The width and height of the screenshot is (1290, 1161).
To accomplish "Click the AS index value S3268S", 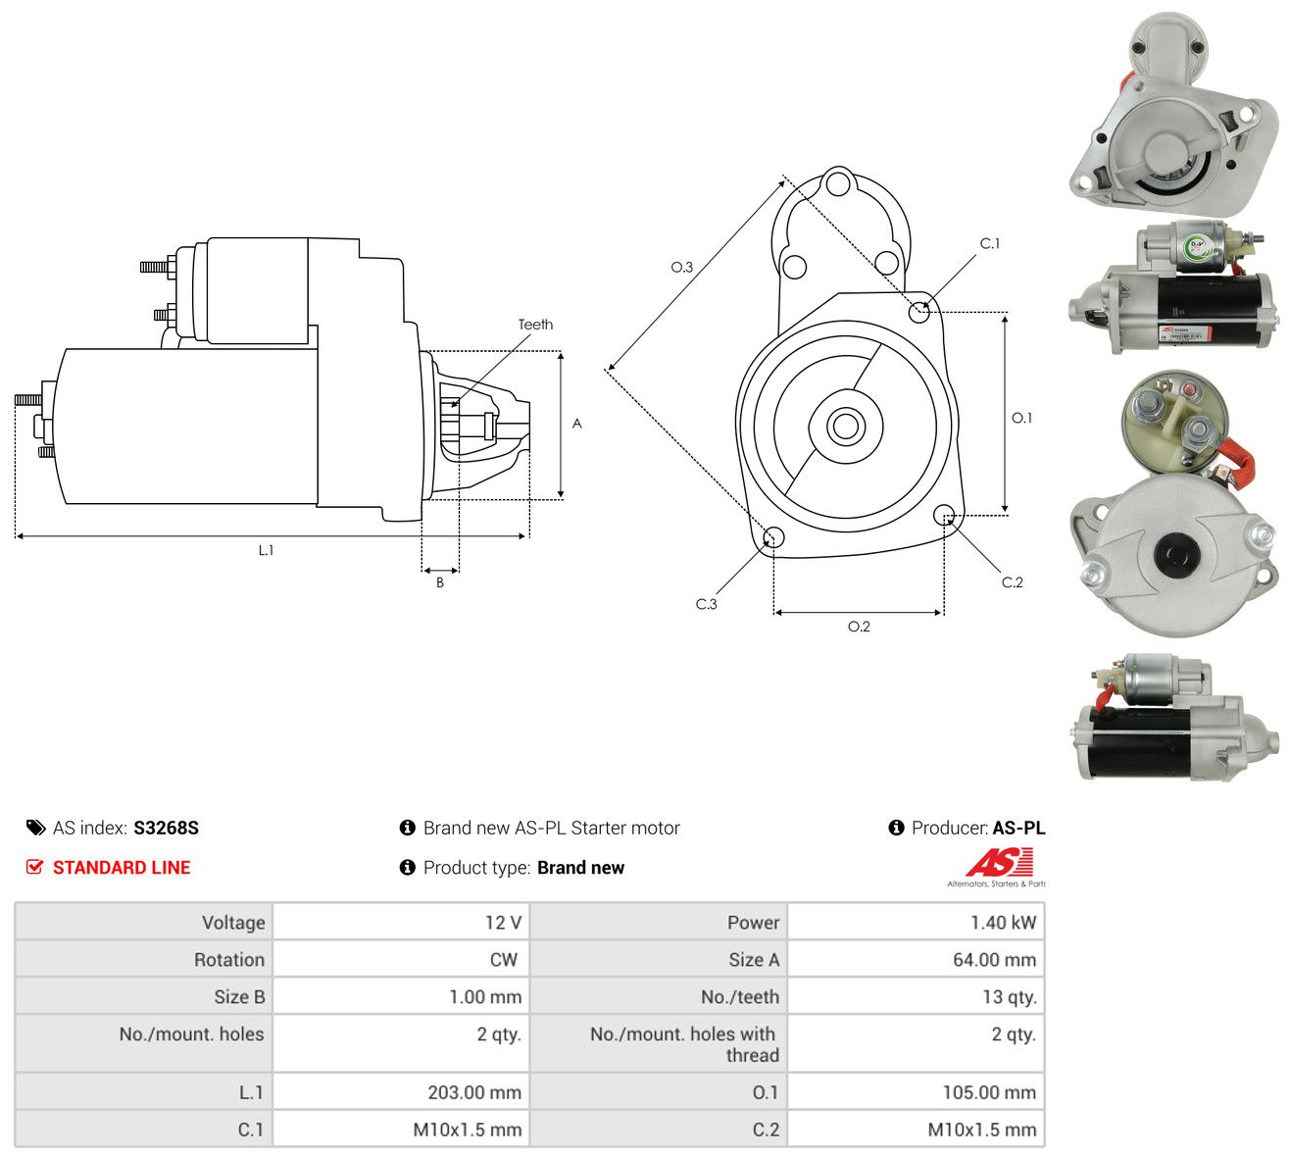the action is [166, 828].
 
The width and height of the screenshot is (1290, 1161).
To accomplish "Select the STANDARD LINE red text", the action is [122, 868].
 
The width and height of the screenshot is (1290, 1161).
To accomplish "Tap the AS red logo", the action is [999, 863].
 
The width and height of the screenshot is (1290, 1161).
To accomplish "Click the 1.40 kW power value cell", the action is [916, 923].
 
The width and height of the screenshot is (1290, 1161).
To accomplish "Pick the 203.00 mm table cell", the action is [401, 1092].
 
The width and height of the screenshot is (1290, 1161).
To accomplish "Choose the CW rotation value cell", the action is [401, 960].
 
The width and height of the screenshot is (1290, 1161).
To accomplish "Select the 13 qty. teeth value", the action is [1009, 997].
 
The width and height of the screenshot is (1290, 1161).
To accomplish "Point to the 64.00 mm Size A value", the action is [994, 960].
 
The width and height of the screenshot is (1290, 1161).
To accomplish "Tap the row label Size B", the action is [239, 997].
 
